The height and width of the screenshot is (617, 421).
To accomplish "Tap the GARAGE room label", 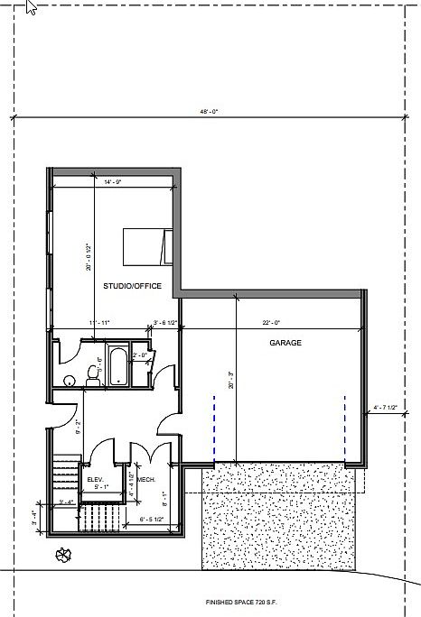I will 285,344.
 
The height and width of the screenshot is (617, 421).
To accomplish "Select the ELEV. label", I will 94,478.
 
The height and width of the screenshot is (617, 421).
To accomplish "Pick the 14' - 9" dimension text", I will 112,183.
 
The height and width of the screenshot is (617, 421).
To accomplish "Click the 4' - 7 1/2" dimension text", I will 386,408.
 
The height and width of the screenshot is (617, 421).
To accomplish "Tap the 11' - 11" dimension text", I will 99,322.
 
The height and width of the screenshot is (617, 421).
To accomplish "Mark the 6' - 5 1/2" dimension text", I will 153,519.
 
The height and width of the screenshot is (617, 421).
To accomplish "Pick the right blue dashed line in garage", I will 344,424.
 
